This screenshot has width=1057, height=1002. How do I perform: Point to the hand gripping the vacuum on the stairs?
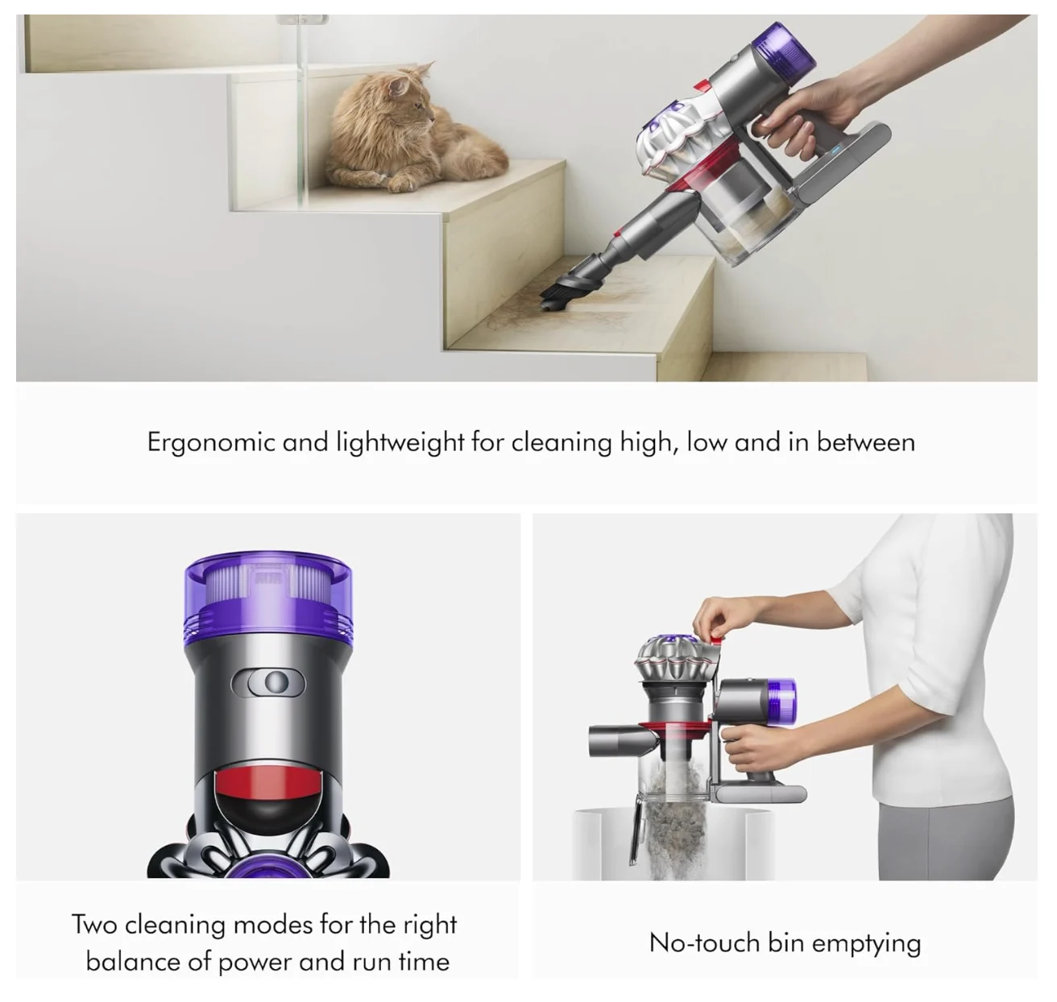coord(801,119)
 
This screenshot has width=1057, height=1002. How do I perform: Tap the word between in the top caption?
coord(865,442)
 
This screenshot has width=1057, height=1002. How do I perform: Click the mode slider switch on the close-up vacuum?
coord(267,683)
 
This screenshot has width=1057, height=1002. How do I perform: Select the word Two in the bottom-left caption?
coord(94,924)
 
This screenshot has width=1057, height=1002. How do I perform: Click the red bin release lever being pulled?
coord(716,640)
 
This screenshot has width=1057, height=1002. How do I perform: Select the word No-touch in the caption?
coord(703,942)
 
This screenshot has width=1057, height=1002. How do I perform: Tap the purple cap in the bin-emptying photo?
coord(781,700)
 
